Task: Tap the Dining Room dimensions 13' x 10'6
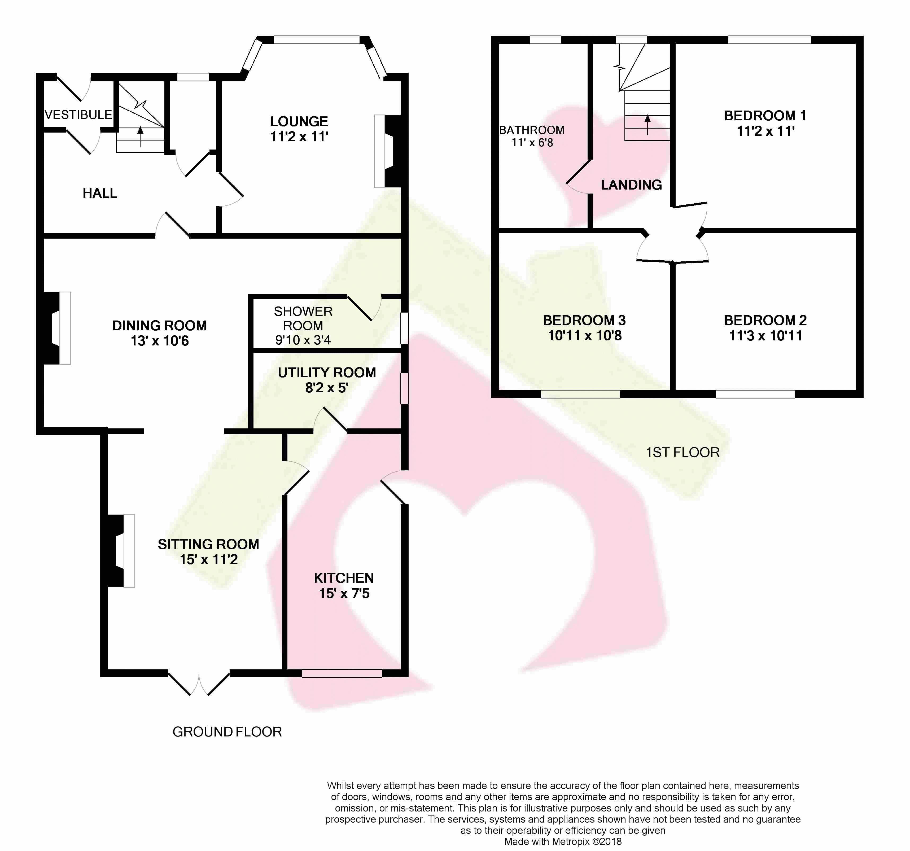coord(160,341)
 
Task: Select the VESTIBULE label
coord(78,115)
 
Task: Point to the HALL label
coord(100,193)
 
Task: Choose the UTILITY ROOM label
coord(327,373)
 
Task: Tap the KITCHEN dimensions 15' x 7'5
coord(344,594)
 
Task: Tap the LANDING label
coord(631,185)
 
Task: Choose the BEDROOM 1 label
coord(765,116)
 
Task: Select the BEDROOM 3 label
coord(585,321)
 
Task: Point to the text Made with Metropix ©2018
coord(563,841)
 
